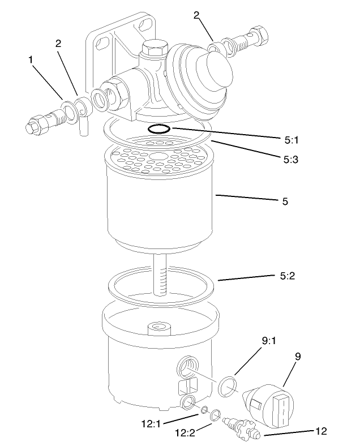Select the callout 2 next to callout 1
[59, 43]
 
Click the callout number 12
[321, 431]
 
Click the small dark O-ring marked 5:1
[158, 130]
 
